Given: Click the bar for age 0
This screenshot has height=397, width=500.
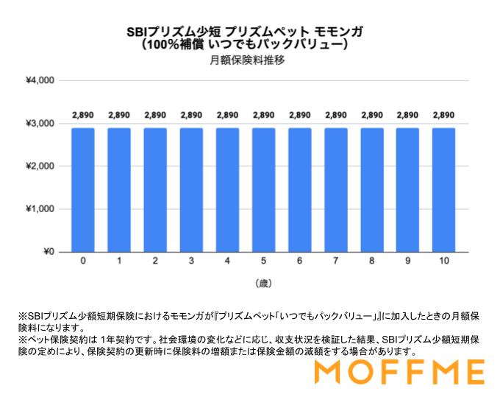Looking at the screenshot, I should (x=83, y=190).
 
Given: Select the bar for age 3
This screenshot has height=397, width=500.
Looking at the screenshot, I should (x=191, y=190).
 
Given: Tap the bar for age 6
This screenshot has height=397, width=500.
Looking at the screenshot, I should (x=299, y=190).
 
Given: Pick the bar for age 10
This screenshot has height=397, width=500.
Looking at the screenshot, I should (x=443, y=190).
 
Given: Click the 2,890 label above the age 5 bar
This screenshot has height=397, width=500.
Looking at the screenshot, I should (x=263, y=115).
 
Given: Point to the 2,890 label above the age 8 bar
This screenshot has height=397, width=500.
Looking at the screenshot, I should (x=371, y=115).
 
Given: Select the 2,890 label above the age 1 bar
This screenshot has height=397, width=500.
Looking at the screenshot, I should (x=119, y=115).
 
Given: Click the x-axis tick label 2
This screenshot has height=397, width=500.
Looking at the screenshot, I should (x=155, y=261).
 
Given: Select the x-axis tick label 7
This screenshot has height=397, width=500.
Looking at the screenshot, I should (x=335, y=261).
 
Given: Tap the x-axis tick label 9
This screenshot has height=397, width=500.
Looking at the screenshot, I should (x=407, y=261).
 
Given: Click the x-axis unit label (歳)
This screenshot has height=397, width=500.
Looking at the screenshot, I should (x=263, y=283).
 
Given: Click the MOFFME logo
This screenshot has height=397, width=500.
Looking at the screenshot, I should (x=399, y=372).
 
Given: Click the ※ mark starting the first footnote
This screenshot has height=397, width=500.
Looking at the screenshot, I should (x=22, y=316).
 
